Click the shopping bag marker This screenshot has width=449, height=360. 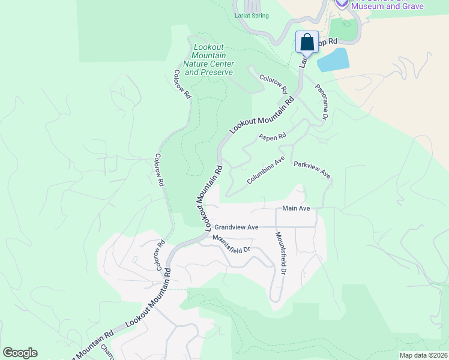(x=307, y=43)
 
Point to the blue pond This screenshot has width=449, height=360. (x=333, y=60)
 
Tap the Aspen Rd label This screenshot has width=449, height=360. (x=273, y=137)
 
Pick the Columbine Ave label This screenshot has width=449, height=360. (x=265, y=171)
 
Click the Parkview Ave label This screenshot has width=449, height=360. (x=312, y=170)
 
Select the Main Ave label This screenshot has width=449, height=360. (x=296, y=209)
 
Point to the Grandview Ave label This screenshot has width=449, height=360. (x=237, y=227)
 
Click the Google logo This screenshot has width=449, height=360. (x=20, y=353)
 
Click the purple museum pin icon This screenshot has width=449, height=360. (x=342, y=3)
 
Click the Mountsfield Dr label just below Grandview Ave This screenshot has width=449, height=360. (x=231, y=244)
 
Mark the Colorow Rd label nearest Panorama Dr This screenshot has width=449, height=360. (x=274, y=83)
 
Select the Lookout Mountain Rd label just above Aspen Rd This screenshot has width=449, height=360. (x=263, y=112)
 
